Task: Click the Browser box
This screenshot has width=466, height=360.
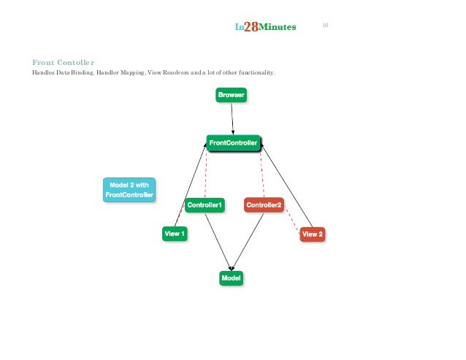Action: [x=232, y=95]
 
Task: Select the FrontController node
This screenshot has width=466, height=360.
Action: [x=233, y=143]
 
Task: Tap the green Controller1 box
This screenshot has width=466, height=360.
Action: [x=205, y=205]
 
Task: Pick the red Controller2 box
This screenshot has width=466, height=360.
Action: [x=264, y=205]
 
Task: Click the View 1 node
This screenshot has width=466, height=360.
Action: [x=175, y=234]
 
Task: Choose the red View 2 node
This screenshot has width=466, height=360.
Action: [x=312, y=234]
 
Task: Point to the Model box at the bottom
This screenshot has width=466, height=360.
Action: [x=231, y=277]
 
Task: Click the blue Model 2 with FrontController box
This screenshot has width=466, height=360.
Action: [x=129, y=190]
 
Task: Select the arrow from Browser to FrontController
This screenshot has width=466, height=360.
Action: [x=232, y=118]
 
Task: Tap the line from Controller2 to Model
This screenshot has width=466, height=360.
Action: [x=248, y=241]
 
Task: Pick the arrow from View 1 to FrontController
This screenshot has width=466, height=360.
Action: [x=190, y=187]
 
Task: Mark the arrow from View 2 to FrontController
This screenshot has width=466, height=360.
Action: [x=287, y=187]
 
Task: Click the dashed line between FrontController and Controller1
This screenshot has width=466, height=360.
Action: [x=206, y=175]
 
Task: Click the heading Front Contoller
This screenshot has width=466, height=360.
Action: [x=64, y=62]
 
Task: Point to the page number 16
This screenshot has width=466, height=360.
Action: [x=325, y=26]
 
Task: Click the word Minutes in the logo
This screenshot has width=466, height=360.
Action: [x=278, y=28]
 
